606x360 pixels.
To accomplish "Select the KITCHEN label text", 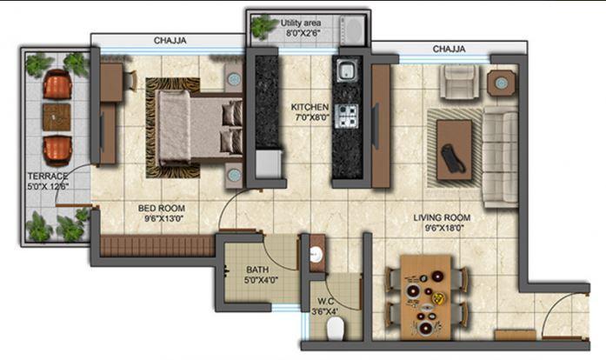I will click(x=310, y=108).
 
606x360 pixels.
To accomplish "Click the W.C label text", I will click(x=325, y=303).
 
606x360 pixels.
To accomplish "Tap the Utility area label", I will click(x=304, y=22).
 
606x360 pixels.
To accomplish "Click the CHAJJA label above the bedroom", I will click(x=171, y=40).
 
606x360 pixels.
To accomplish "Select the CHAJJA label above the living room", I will click(x=450, y=49).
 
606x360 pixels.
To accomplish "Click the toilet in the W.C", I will click(x=334, y=328).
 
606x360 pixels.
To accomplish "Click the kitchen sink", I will click(x=346, y=73).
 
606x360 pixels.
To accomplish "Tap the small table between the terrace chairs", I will click(x=57, y=117).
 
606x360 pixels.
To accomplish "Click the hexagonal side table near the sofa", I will click(x=501, y=83).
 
